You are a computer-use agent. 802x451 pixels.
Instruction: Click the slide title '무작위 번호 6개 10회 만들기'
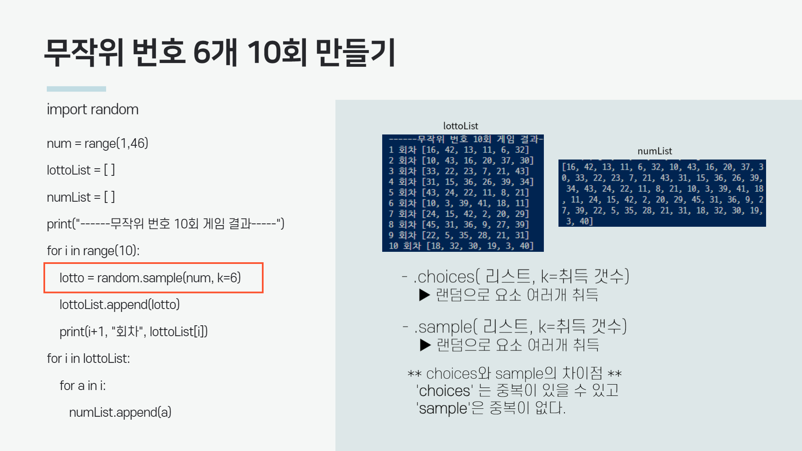click(220, 52)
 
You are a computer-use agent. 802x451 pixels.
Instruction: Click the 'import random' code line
click(92, 109)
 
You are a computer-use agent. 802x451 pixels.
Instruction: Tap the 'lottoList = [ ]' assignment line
click(81, 170)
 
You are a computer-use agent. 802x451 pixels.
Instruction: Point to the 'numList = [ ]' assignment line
click(81, 197)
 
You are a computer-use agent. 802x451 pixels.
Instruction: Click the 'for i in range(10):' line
click(93, 251)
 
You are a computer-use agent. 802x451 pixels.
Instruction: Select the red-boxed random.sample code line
click(150, 278)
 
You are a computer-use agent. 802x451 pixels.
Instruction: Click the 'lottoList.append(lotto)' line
click(119, 305)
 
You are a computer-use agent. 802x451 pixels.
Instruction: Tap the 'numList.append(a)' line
click(120, 413)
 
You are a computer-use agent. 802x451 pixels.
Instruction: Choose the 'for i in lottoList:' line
click(88, 359)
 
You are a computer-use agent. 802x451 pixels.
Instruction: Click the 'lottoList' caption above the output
click(460, 126)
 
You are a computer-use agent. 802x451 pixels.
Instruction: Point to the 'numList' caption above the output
click(655, 151)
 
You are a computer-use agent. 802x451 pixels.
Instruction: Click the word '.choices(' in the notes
click(444, 277)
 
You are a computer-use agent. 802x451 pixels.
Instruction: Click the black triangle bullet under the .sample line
click(425, 345)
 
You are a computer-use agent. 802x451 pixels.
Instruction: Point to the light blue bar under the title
click(76, 89)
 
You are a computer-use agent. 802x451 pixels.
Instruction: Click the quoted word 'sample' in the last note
click(443, 408)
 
